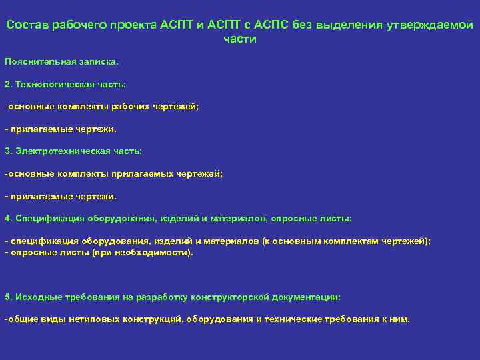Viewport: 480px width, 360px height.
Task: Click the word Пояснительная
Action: (36, 61)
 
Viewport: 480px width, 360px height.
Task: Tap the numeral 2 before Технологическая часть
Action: (7, 84)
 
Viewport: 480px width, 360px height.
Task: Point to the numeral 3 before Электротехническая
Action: (7, 151)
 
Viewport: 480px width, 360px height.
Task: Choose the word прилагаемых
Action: (141, 173)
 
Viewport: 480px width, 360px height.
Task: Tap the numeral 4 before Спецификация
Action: (7, 219)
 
